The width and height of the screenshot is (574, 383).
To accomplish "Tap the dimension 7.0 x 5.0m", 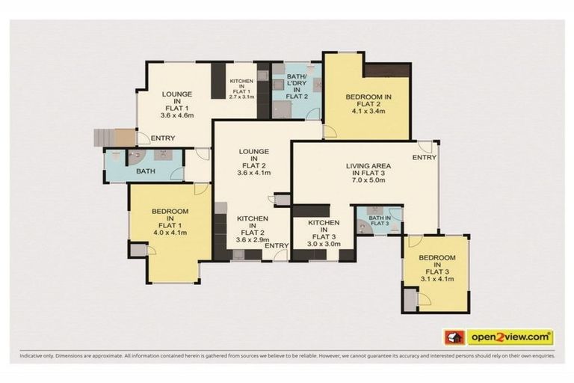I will tap(369, 180).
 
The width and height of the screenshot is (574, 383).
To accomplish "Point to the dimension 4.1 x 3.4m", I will tap(368, 112).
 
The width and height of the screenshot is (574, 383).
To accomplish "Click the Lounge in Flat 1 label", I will tap(177, 100).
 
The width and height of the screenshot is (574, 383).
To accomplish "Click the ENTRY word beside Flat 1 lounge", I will tap(163, 138).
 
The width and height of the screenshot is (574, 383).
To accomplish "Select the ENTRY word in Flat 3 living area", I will tap(424, 157).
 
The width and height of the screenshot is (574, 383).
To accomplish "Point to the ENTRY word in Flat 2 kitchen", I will tap(277, 245).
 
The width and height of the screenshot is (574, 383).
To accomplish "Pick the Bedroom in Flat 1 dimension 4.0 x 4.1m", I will tap(170, 233).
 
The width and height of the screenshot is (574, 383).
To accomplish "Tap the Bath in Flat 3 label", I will tap(380, 221).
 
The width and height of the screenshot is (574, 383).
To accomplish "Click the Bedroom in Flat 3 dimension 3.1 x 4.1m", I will tap(436, 279).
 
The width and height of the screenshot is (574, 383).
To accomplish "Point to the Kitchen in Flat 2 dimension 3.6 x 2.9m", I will tap(253, 239).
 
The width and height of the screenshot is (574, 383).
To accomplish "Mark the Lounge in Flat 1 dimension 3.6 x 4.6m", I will tap(177, 116).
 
